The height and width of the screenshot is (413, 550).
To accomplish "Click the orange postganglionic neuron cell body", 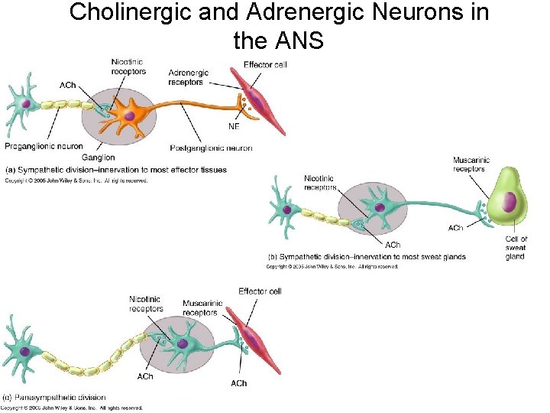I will pos(129,115).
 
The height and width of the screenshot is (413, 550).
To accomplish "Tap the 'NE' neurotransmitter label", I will pos(234,126).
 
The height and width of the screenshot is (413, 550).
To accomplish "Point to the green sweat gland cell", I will pos(508,203).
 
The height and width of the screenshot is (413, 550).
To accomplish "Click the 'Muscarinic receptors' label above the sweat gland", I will pos(471,165).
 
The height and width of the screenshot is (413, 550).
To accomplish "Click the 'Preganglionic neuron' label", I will pos(44,146).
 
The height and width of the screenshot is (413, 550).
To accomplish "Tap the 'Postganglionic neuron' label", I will pos(212,148).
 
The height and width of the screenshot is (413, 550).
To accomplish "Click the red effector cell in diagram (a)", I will pos(259,100).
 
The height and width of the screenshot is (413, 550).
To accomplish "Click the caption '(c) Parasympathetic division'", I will pos(55,398).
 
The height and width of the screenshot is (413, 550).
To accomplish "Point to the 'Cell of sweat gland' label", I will pos(516,248).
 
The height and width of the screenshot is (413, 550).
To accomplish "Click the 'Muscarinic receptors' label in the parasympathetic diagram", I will pos(202,307).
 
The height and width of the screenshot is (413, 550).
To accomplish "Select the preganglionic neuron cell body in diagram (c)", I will pos(25,351).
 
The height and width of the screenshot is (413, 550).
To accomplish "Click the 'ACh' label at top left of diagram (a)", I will pos(67,84).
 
